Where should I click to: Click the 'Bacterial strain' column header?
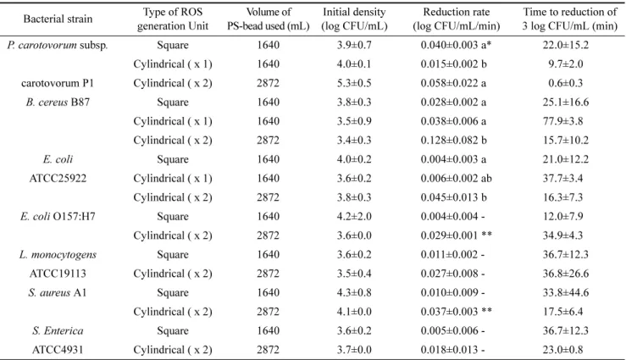pos(58,19)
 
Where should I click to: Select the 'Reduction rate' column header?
pos(457,12)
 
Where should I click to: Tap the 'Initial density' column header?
pos(354,12)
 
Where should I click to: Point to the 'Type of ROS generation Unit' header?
pos(173,19)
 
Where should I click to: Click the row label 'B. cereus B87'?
pos(58,102)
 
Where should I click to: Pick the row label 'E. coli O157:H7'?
pos(58,216)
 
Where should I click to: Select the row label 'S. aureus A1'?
pos(58,292)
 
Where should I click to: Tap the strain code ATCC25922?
pos(58,179)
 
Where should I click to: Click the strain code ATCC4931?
pos(58,350)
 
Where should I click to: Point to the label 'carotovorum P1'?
pos(58,83)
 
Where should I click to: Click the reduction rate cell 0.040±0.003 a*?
pos(456,45)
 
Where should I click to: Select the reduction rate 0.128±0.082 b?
pos(453,140)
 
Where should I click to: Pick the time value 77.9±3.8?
pos(565,121)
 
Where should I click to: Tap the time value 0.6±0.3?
pos(565,83)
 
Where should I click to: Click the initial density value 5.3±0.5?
pos(354,83)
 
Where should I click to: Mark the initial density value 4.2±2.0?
pos(354,216)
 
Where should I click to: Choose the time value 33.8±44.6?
pos(565,292)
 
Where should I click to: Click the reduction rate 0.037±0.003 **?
pos(457,312)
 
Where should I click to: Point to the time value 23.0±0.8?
pos(565,350)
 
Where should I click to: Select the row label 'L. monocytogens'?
pos(58,255)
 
